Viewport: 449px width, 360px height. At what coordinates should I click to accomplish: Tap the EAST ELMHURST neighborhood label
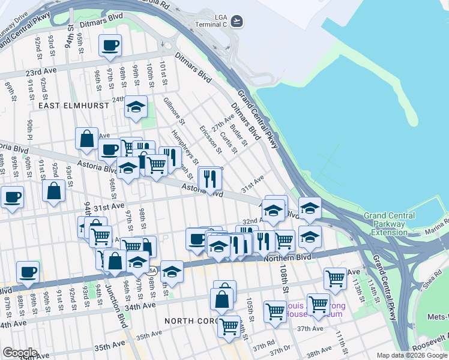coord(73,106)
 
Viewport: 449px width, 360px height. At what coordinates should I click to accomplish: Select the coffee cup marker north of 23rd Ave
coord(110,46)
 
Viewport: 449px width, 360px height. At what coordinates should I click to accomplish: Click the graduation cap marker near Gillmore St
coord(136,107)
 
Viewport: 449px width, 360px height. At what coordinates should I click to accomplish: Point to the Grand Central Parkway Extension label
coord(389,223)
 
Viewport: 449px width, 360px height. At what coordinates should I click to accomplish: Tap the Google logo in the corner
coord(19,353)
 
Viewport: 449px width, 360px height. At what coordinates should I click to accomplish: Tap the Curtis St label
coord(229,142)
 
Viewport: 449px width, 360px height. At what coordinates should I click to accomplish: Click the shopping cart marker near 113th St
coord(335,278)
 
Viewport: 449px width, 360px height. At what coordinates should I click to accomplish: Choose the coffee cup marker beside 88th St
coord(27,272)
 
